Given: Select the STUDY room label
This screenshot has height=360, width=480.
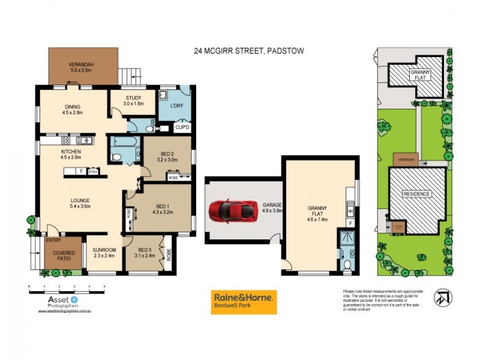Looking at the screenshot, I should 133,100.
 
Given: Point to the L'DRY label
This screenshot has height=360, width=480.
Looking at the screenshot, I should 177,106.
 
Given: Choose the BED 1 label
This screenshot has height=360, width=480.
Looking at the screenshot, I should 162,208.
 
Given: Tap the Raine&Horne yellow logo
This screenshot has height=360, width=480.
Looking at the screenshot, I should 244,302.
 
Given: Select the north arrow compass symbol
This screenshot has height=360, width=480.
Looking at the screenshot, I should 443,297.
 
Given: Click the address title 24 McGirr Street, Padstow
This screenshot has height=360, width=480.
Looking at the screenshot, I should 249,52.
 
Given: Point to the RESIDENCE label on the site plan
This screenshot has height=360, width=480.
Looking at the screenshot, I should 418,194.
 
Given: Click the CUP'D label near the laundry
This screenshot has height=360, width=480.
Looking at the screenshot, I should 182,128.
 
